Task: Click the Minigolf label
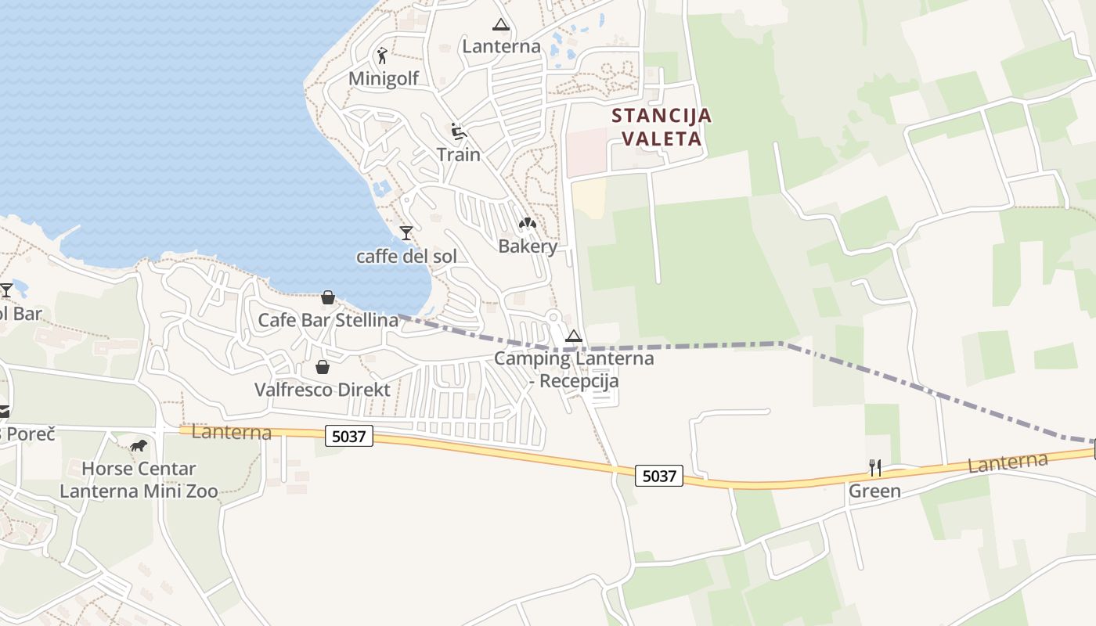pyautogui.click(x=384, y=78)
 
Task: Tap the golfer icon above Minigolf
pyautogui.click(x=382, y=56)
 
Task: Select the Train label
pyautogui.click(x=459, y=154)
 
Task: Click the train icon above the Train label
pyautogui.click(x=459, y=131)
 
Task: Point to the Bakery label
pyautogui.click(x=528, y=246)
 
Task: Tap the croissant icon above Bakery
pyautogui.click(x=528, y=224)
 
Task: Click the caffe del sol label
pyautogui.click(x=406, y=256)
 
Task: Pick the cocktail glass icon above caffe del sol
pyautogui.click(x=406, y=232)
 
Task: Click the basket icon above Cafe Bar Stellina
pyautogui.click(x=327, y=297)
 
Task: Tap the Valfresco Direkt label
pyautogui.click(x=323, y=389)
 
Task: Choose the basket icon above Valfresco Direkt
pyautogui.click(x=322, y=366)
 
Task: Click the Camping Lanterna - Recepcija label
pyautogui.click(x=574, y=369)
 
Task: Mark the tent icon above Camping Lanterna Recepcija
pyautogui.click(x=574, y=336)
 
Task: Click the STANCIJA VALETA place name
pyautogui.click(x=662, y=127)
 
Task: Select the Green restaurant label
pyautogui.click(x=875, y=491)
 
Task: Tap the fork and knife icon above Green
pyautogui.click(x=875, y=468)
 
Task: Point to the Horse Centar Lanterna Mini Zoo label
pyautogui.click(x=139, y=480)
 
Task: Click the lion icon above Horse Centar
pyautogui.click(x=139, y=447)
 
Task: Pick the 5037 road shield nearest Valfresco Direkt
pyautogui.click(x=349, y=436)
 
